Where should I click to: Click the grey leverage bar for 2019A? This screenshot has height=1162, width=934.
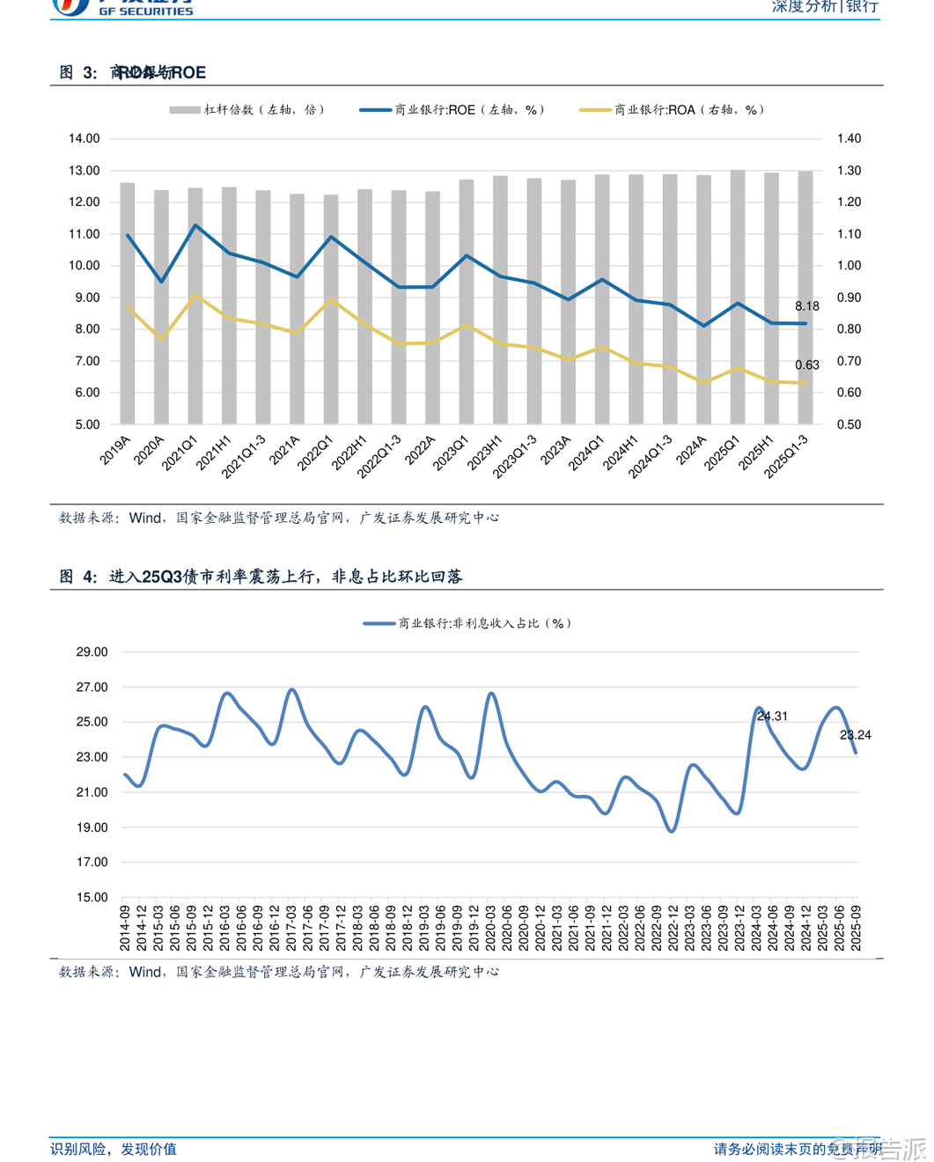pyautogui.click(x=128, y=304)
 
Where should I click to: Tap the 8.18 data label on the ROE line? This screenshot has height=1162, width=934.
pyautogui.click(x=806, y=306)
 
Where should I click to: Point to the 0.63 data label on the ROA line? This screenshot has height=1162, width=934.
pyautogui.click(x=806, y=364)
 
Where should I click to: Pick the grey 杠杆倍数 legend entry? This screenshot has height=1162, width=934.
pyautogui.click(x=247, y=110)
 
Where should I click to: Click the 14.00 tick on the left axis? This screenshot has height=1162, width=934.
pyautogui.click(x=85, y=138)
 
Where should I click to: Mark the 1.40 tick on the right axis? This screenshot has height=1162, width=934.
pyautogui.click(x=849, y=138)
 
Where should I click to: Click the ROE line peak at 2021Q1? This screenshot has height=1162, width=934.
pyautogui.click(x=195, y=225)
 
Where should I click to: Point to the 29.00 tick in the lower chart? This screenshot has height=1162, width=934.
pyautogui.click(x=92, y=652)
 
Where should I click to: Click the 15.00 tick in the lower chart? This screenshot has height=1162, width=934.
pyautogui.click(x=92, y=897)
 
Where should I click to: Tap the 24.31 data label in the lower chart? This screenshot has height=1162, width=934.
pyautogui.click(x=772, y=716)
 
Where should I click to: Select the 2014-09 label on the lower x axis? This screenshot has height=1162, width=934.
pyautogui.click(x=125, y=928)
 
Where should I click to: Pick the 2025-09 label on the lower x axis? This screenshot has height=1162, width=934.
pyautogui.click(x=856, y=928)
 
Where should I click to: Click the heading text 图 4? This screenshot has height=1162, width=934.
pyautogui.click(x=78, y=577)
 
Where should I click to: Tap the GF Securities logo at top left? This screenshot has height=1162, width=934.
pyautogui.click(x=123, y=7)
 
